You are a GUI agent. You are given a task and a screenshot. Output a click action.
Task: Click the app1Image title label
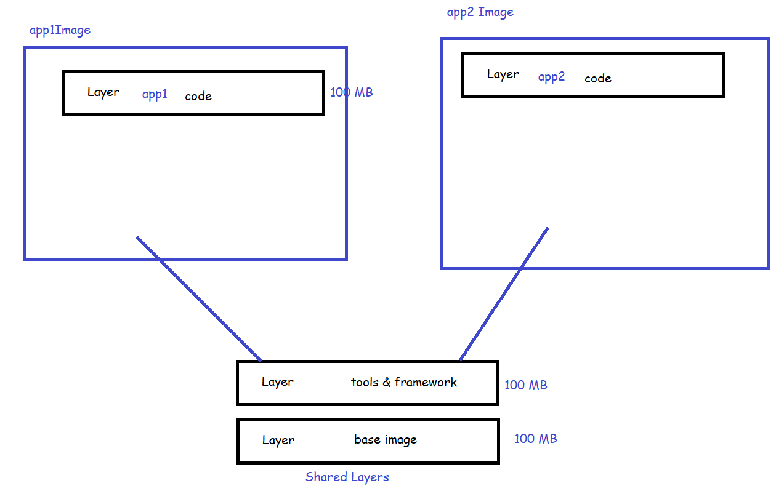[x=60, y=30]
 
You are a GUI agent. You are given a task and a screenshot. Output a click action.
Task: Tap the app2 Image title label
[x=480, y=12]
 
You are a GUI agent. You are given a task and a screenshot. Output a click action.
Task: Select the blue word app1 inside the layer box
[x=155, y=95]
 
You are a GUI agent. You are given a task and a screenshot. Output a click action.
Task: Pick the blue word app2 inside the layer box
[x=551, y=78]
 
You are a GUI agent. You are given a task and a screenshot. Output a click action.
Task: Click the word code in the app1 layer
[x=198, y=97]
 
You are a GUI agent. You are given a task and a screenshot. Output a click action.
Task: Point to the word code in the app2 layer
[x=597, y=79]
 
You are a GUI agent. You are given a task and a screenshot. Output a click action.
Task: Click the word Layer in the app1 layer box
[x=103, y=92]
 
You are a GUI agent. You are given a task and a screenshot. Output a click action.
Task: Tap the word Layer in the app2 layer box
[x=503, y=74]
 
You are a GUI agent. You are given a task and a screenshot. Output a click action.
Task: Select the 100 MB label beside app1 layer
[x=352, y=93]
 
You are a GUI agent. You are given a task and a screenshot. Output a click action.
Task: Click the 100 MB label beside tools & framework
[x=525, y=386]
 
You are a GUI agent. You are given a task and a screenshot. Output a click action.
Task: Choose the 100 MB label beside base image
[x=535, y=439]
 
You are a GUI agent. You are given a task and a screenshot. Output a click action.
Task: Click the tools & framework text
[x=403, y=383]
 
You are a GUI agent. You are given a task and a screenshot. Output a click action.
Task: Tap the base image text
[x=386, y=440]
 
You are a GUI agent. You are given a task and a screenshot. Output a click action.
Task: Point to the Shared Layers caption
[x=347, y=477]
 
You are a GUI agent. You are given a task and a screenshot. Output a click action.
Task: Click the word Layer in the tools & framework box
[x=277, y=382]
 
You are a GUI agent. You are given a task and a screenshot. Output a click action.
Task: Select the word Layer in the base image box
[x=278, y=441]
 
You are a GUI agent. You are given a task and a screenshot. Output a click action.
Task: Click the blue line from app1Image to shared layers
[x=198, y=298]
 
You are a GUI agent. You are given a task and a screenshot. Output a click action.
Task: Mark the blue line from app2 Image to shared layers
[x=504, y=293]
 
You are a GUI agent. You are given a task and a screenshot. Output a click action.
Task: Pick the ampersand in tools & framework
[x=386, y=383]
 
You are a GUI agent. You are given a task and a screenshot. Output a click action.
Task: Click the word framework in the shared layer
[x=426, y=383]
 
